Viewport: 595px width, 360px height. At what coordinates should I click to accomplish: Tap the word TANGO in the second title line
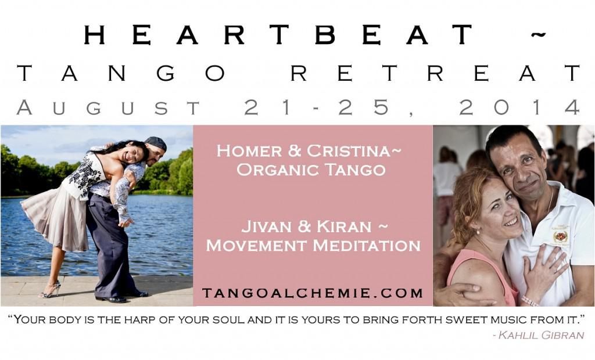[121, 73]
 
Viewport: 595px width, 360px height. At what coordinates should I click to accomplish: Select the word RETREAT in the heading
[436, 73]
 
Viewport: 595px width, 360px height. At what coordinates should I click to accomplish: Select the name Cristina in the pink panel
[348, 151]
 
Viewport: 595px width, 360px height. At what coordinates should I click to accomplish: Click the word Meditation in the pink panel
[367, 246]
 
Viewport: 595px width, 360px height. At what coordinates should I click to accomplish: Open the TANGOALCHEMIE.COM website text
[313, 293]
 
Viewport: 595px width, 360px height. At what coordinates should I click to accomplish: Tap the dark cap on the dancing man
[156, 143]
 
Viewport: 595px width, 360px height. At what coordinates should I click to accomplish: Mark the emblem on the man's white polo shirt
[560, 236]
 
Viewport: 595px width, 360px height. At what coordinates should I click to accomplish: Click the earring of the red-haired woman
[478, 232]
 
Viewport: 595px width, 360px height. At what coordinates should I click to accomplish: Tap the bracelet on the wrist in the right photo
[530, 301]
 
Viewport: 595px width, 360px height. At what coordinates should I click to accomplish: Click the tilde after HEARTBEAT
[537, 35]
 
